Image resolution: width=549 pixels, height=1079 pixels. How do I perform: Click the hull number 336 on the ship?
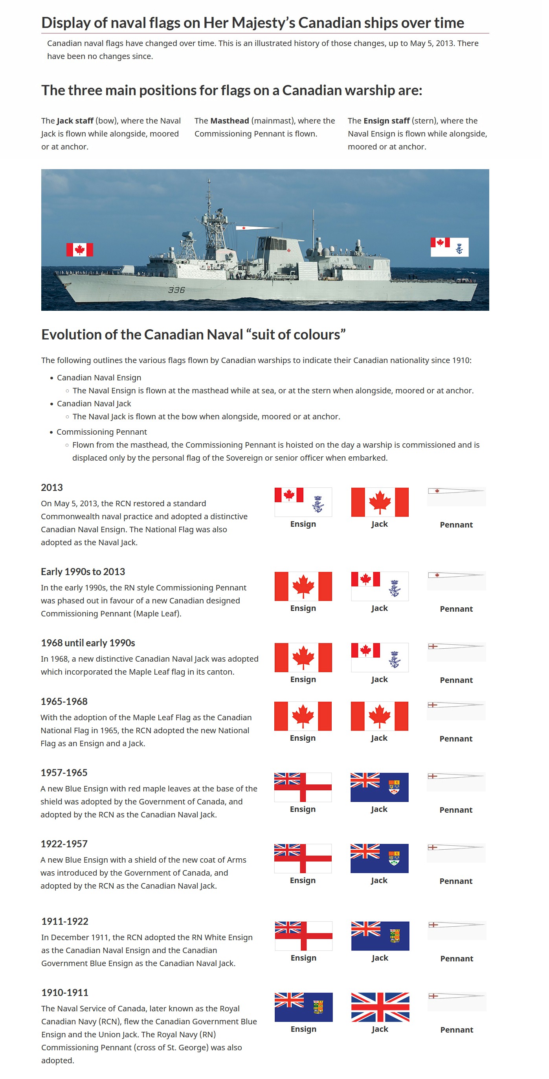[x=176, y=290]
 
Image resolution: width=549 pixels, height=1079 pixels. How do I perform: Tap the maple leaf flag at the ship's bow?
[x=79, y=250]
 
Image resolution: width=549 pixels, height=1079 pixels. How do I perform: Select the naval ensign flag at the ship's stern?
[x=450, y=247]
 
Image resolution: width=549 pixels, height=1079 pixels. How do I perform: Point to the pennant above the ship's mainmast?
[x=255, y=228]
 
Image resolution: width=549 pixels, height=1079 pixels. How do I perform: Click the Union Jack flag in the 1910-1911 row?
[x=380, y=1007]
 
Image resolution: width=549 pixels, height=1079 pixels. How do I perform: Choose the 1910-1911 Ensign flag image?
[x=303, y=1007]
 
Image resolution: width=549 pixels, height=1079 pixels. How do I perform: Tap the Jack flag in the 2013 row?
[x=380, y=502]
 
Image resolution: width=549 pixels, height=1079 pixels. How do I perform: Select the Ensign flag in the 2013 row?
[x=303, y=502]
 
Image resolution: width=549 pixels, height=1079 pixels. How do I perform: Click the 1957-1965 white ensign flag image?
[x=303, y=787]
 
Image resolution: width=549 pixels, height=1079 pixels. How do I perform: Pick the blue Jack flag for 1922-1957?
[x=379, y=858]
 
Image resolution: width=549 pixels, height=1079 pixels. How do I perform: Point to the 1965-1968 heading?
[x=64, y=702]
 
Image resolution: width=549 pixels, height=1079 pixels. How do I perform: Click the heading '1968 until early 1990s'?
[x=88, y=643]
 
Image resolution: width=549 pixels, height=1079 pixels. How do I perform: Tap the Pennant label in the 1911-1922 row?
[x=457, y=958]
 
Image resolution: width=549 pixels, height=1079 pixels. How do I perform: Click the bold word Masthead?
[x=230, y=121]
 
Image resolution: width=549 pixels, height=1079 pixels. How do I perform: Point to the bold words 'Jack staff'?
[x=75, y=121]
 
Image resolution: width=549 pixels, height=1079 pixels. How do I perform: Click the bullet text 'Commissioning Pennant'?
[x=102, y=432]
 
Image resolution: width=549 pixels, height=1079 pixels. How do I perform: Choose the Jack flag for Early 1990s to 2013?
[x=380, y=586]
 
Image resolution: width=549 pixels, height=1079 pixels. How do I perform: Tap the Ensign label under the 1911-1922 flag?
[x=303, y=958]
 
